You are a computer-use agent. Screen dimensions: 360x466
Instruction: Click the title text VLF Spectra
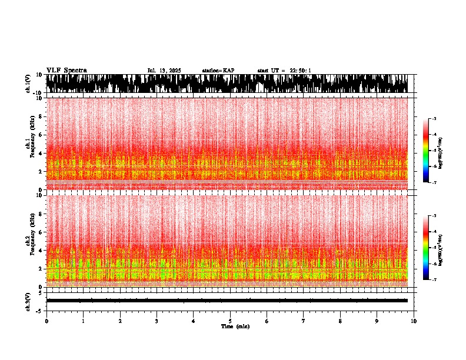[x=66, y=70]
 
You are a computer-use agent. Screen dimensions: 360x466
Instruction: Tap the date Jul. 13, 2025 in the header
[x=164, y=71]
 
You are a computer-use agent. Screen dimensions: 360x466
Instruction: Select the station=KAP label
[x=218, y=71]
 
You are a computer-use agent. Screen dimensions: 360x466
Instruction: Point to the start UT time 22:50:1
[x=284, y=71]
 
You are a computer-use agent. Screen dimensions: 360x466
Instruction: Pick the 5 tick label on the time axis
[x=230, y=321]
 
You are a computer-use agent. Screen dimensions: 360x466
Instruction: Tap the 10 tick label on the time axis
[x=414, y=321]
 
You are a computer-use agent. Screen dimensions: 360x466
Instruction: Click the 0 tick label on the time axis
[x=46, y=321]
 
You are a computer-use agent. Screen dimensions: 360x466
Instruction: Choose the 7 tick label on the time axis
[x=304, y=321]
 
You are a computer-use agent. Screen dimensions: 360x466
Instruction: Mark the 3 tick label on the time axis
[x=157, y=321]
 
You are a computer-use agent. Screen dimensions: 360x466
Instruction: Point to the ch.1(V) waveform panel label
[x=28, y=84]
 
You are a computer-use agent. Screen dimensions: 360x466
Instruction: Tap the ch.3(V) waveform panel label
[x=28, y=300]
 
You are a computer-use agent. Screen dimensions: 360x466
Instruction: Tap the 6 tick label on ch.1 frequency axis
[x=41, y=135]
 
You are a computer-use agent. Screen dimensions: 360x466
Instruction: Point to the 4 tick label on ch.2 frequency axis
[x=41, y=250]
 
